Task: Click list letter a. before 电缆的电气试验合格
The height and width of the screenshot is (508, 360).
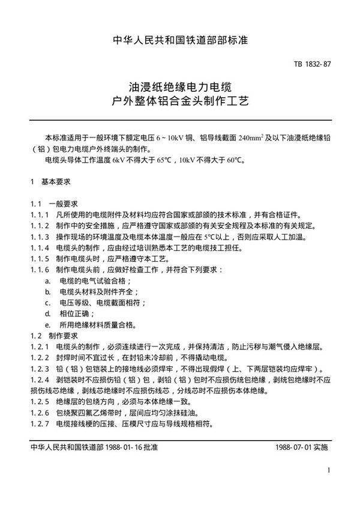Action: (x=48, y=280)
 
